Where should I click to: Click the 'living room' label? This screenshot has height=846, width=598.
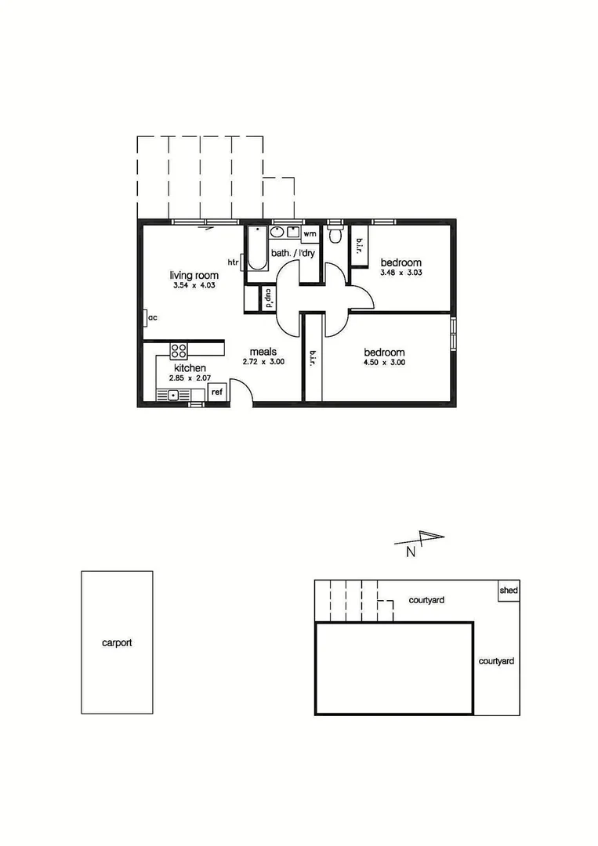point(194,276)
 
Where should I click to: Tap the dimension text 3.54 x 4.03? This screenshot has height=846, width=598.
point(194,287)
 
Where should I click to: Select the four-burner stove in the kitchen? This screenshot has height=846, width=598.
point(179,352)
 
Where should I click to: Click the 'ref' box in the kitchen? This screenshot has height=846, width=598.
point(217,392)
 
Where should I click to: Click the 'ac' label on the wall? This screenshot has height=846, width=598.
point(153,317)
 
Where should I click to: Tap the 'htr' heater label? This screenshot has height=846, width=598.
point(233,262)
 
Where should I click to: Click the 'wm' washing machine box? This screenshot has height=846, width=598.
point(310,233)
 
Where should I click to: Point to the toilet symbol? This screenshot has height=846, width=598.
point(336,235)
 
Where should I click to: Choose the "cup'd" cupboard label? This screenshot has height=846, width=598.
point(268,298)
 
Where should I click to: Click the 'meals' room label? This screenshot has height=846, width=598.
point(263,352)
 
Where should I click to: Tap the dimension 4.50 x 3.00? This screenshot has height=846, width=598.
point(384,363)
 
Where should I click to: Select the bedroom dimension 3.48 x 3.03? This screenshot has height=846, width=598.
point(401,273)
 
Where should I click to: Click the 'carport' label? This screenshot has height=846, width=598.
point(117,643)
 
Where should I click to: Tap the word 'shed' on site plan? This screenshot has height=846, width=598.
point(509,590)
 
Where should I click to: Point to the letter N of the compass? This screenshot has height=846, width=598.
point(411,551)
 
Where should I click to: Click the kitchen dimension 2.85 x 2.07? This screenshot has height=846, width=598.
point(190,379)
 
